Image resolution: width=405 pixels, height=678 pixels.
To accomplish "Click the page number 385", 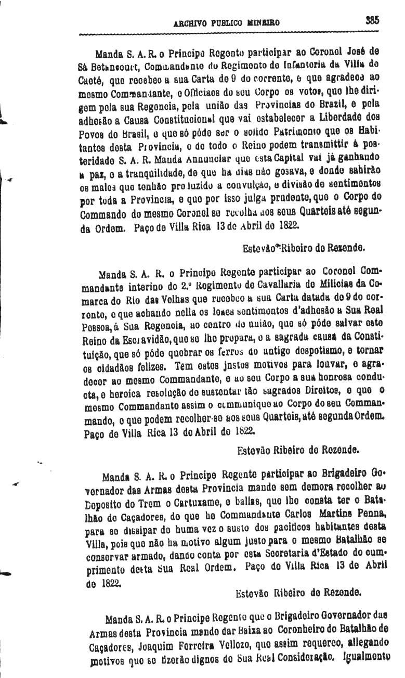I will point(372,21).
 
